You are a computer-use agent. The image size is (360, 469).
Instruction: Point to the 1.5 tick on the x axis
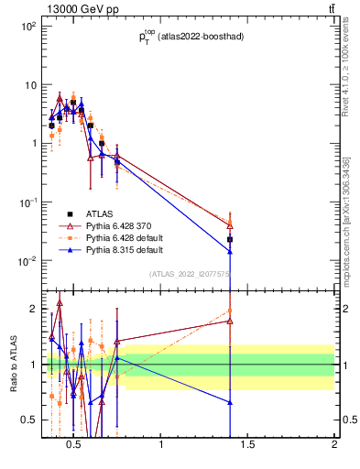pos(247,446)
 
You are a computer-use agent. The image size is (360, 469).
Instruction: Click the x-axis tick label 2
pos(334,446)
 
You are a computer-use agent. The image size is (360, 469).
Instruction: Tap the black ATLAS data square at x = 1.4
pos(230,239)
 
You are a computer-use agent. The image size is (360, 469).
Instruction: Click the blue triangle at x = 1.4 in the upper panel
pos(230,251)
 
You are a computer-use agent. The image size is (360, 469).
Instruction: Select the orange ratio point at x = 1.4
pos(230,311)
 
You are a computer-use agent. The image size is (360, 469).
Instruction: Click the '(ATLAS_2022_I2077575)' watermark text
pos(191,274)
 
